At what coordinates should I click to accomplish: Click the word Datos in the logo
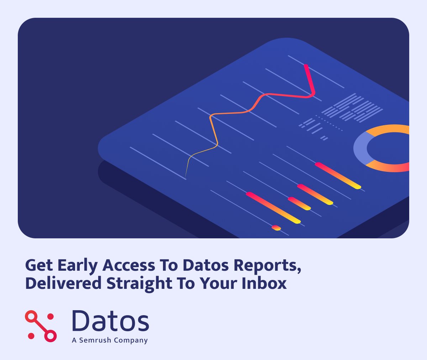(x=110, y=321)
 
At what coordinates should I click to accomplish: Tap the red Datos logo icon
(x=41, y=326)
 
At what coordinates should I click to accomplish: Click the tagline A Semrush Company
(x=110, y=340)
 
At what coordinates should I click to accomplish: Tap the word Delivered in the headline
(x=63, y=284)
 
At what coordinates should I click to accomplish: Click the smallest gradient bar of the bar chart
(x=276, y=227)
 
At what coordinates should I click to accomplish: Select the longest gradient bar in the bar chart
(x=273, y=208)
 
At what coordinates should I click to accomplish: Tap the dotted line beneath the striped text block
(x=329, y=123)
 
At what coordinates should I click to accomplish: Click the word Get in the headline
(x=39, y=266)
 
